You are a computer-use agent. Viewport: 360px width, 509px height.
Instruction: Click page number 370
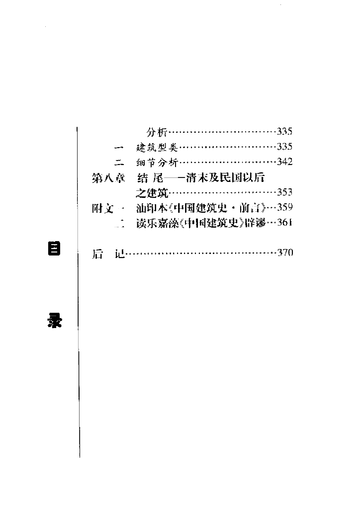click(x=285, y=253)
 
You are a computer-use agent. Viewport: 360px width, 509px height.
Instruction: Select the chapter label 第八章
click(x=108, y=178)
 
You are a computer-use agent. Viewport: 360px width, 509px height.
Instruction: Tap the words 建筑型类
click(x=156, y=148)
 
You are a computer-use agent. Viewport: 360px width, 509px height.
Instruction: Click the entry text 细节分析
click(x=156, y=163)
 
